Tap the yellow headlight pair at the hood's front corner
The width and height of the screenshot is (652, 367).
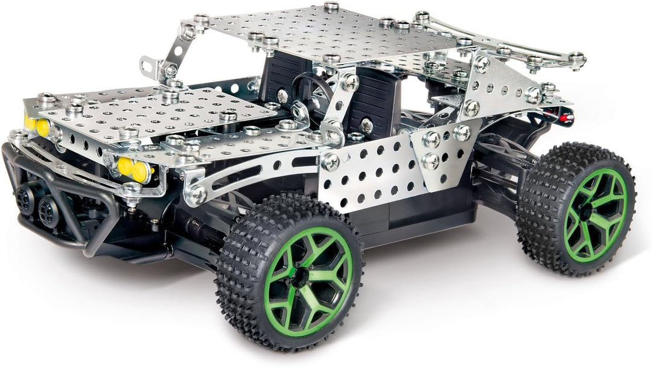point(133,169)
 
